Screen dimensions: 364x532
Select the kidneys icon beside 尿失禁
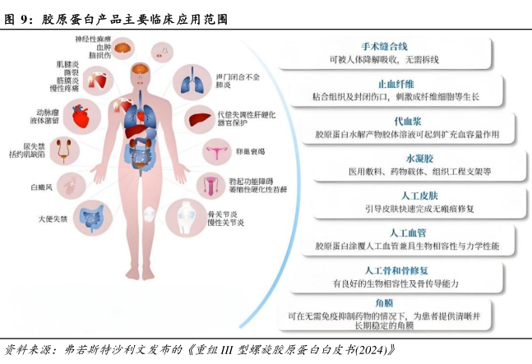tap(64, 150)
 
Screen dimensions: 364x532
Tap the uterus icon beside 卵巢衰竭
tap(215, 151)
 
